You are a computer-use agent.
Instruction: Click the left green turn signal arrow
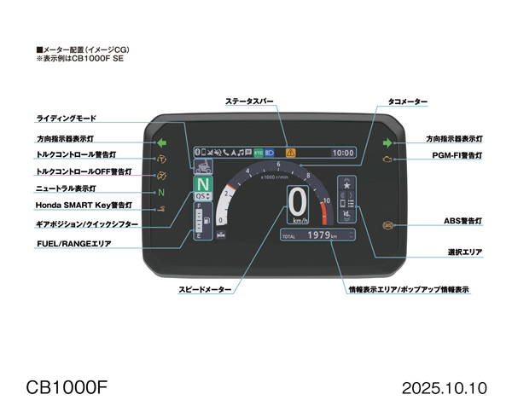click(162, 143)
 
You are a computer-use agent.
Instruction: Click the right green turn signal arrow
click(387, 143)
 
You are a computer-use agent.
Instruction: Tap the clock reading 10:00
click(343, 153)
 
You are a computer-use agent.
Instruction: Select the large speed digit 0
click(297, 202)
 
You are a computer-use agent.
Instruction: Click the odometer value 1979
click(318, 235)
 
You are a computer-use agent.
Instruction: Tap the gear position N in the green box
click(202, 184)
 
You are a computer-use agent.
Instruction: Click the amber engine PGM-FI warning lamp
click(388, 159)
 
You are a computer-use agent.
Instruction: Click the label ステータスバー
click(249, 101)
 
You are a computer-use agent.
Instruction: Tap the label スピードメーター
click(205, 290)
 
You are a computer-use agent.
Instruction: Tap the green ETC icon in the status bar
click(259, 152)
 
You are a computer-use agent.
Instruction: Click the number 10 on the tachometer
click(325, 200)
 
